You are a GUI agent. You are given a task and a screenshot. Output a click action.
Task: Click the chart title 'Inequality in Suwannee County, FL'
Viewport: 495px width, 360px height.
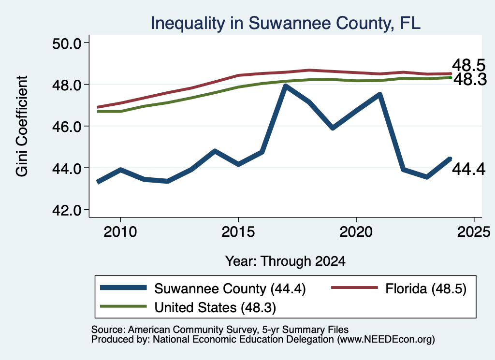285,23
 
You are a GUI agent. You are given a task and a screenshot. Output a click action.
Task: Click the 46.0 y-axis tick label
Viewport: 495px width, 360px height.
67,126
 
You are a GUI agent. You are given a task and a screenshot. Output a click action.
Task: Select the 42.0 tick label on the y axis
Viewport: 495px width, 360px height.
67,210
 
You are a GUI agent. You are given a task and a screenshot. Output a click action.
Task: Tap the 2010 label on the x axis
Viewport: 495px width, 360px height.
120,232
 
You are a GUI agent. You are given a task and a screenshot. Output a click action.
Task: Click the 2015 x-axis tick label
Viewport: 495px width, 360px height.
238,232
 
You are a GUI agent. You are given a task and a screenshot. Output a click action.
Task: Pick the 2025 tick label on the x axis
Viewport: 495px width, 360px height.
474,232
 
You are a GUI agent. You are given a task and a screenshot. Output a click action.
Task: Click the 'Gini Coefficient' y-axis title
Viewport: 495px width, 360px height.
22,126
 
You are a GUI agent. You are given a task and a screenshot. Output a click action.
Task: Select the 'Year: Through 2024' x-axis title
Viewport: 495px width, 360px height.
285,261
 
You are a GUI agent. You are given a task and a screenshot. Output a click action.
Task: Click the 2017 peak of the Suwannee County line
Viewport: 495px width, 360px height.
285,86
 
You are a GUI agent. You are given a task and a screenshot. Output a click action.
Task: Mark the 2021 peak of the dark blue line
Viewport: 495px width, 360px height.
380,94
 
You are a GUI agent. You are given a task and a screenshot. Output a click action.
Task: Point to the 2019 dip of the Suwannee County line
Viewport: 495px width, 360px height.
333,128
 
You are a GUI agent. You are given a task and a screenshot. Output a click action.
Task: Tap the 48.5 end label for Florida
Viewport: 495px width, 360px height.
468,65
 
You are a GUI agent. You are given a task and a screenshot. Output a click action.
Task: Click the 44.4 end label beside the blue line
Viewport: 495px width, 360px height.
468,169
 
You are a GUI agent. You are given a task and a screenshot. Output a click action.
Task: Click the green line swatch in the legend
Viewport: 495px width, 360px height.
123,306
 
